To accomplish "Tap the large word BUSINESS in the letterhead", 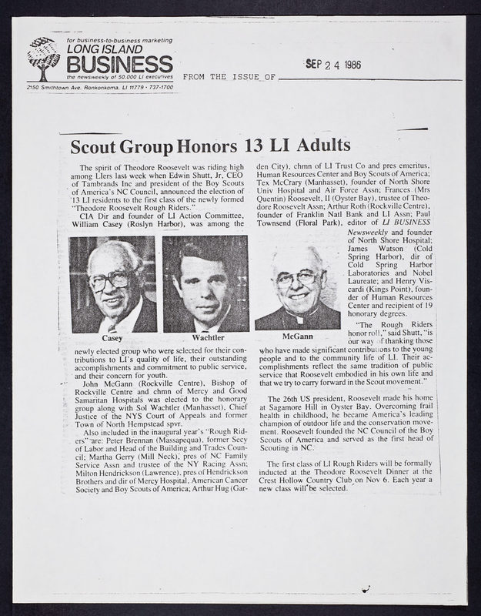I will click(x=119, y=63).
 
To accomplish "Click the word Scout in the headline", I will click(x=99, y=146).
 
